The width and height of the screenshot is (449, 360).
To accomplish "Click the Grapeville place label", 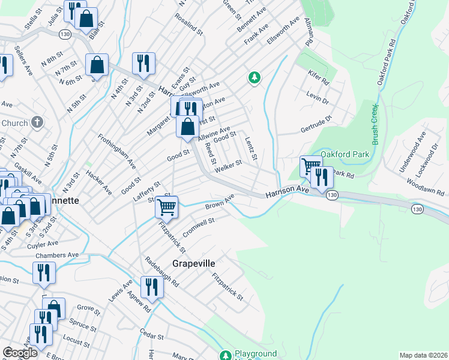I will pyautogui.click(x=193, y=263).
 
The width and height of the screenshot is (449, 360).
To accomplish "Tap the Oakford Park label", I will pyautogui.click(x=344, y=154).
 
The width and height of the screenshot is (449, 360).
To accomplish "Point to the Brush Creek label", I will pyautogui.click(x=375, y=125).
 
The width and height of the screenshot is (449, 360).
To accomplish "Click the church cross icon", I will pyautogui.click(x=37, y=123).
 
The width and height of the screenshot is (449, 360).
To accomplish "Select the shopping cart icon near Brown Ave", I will pyautogui.click(x=166, y=208).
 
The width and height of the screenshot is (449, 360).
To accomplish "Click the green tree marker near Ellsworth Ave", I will pyautogui.click(x=255, y=77).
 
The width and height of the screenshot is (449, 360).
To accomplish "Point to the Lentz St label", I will pyautogui.click(x=251, y=149).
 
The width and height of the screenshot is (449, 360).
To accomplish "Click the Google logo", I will pyautogui.click(x=20, y=353).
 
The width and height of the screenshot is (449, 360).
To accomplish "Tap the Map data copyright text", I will pyautogui.click(x=423, y=355).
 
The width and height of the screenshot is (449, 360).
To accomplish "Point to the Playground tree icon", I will pyautogui.click(x=225, y=355).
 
